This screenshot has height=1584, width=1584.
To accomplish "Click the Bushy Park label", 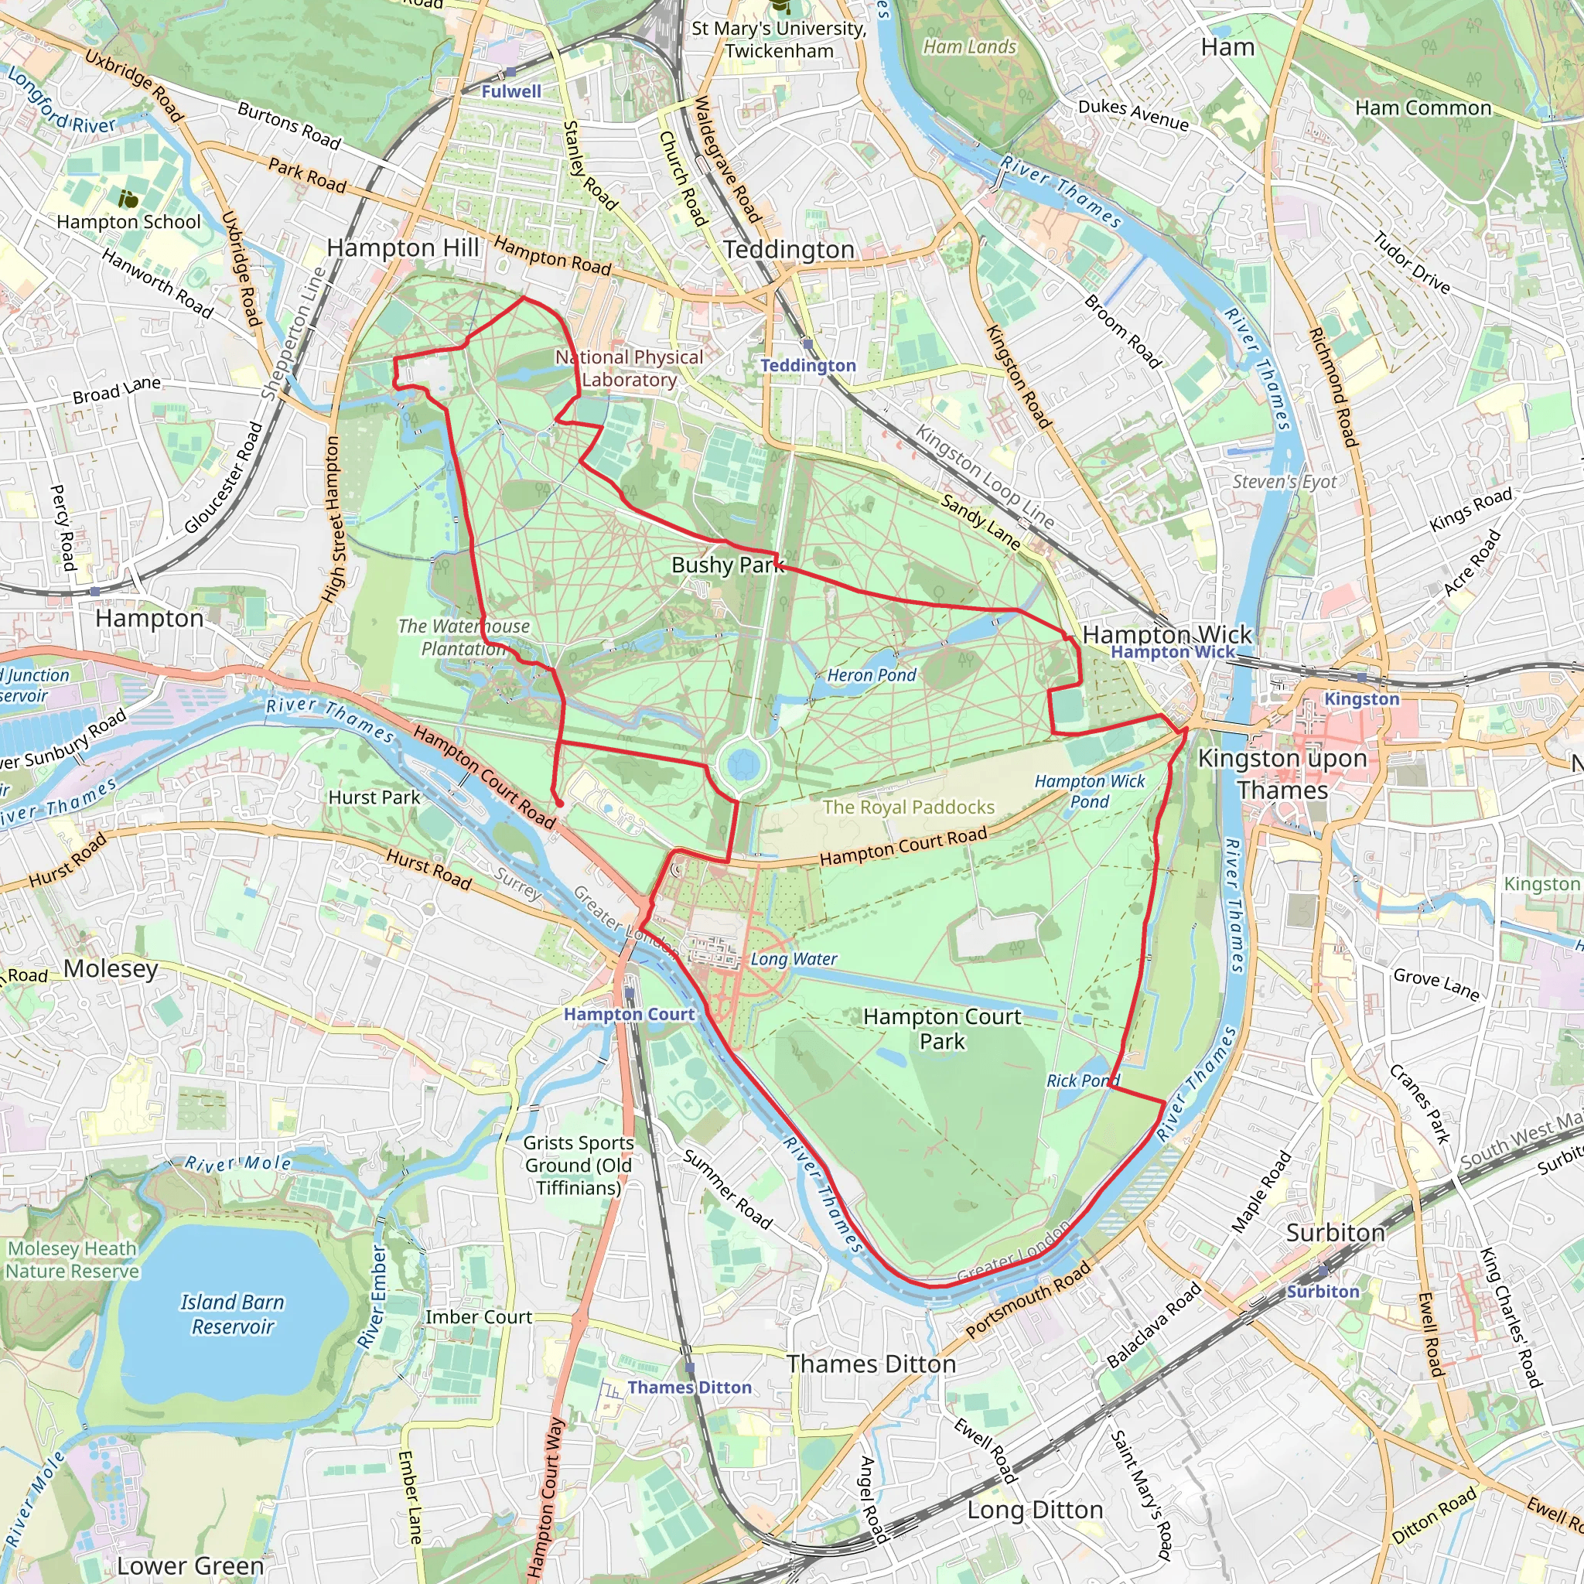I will [727, 565].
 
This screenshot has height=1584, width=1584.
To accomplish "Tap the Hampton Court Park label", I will [942, 1029].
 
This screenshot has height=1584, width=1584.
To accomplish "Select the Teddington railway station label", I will [807, 366].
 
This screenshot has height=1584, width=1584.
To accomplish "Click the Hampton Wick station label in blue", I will [1173, 652].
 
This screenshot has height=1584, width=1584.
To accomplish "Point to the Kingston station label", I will [1362, 698].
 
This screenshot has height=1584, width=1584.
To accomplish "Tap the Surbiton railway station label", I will [1323, 1292].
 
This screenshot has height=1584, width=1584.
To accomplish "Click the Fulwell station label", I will [510, 92].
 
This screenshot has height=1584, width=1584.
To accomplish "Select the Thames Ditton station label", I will [689, 1388].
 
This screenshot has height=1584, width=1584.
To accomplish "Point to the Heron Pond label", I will [871, 674].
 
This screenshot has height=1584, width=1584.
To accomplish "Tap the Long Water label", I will [794, 958].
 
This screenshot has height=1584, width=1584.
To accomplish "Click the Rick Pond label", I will [1082, 1080].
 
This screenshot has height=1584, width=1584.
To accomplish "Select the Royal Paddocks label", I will [909, 807].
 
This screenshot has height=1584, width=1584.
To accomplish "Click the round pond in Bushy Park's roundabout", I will [742, 764].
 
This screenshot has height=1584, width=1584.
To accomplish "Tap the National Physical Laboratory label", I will [629, 368].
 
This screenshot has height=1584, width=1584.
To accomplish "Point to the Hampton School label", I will [128, 222].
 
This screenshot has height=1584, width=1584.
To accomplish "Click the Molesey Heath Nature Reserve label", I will [72, 1259].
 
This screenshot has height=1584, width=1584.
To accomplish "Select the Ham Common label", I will [1422, 108].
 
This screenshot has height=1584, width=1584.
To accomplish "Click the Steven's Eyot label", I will [1284, 482].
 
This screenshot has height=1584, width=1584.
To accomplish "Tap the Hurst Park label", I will [374, 797].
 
